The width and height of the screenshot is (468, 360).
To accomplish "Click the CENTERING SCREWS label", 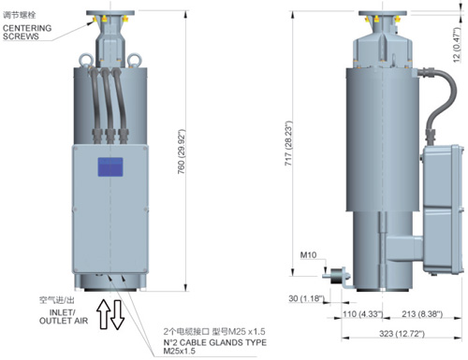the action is click(27, 32).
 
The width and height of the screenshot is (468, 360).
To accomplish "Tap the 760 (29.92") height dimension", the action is click(182, 151).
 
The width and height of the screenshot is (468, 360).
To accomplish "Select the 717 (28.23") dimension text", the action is click(288, 143).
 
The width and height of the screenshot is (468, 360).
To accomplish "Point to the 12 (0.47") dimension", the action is click(457, 45).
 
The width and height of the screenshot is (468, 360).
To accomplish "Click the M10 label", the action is click(308, 255).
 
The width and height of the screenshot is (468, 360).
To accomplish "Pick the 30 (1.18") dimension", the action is click(307, 298).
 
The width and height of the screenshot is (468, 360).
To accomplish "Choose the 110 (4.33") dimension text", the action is click(363, 313).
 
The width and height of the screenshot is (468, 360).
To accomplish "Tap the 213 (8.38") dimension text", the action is click(422, 313).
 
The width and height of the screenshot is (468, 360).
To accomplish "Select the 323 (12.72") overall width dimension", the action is click(402, 334).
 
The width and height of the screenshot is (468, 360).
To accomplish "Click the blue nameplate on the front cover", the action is click(110, 167).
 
